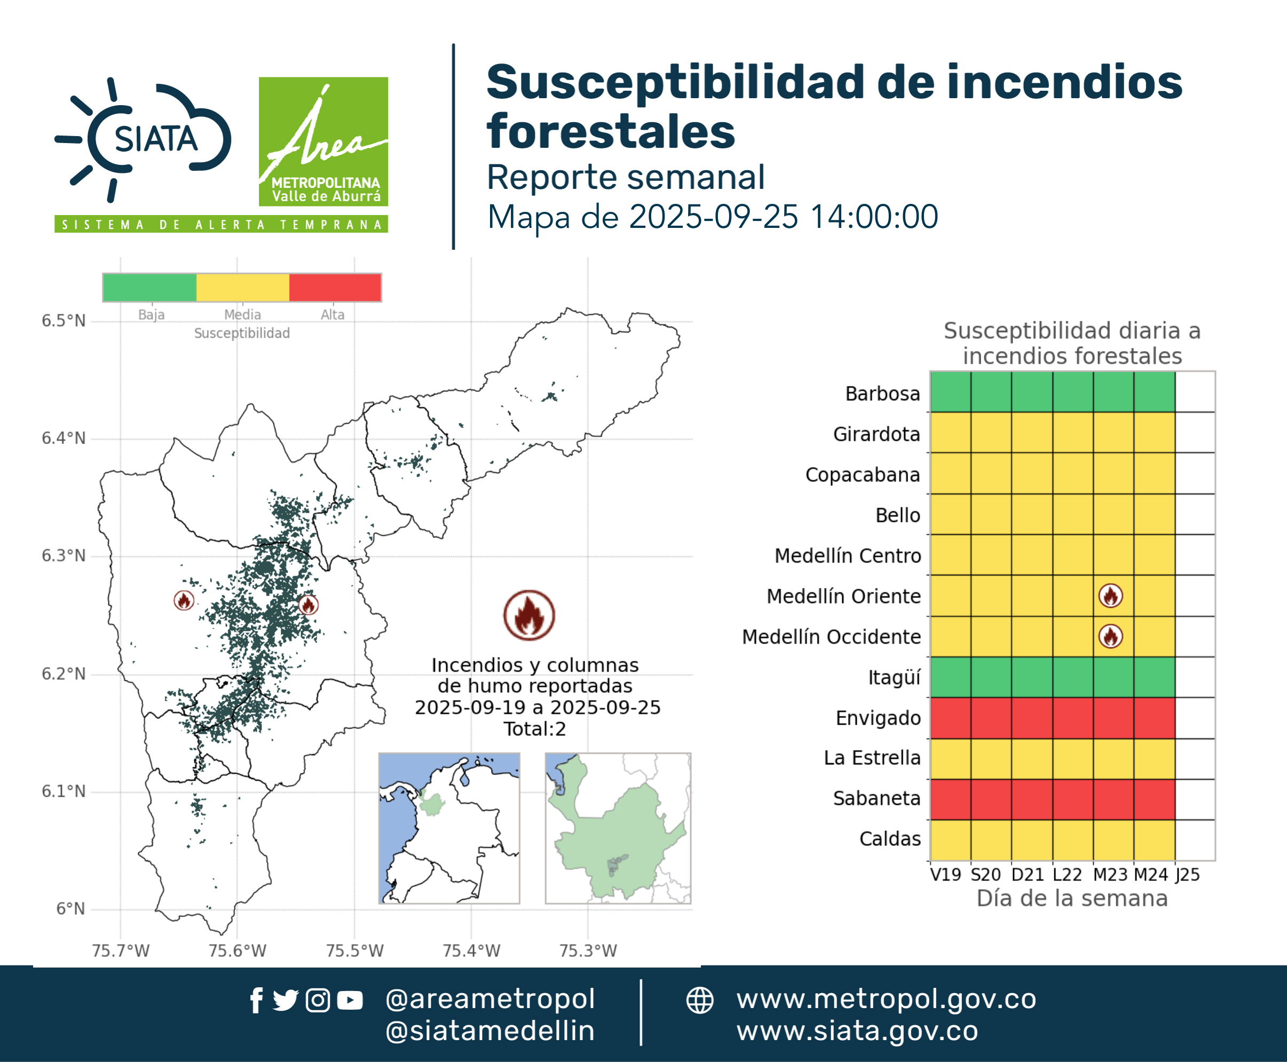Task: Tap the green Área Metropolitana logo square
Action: pyautogui.click(x=323, y=141)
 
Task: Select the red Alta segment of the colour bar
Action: pyautogui.click(x=335, y=288)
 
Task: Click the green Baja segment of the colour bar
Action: pyautogui.click(x=150, y=288)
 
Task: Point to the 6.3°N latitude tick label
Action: pyautogui.click(x=64, y=556)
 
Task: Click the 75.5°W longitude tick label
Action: pyautogui.click(x=354, y=950)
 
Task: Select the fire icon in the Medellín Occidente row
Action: pyautogui.click(x=1110, y=636)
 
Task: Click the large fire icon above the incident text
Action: pyautogui.click(x=529, y=615)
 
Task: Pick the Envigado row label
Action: pyautogui.click(x=878, y=718)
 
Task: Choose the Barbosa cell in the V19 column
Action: pyautogui.click(x=950, y=392)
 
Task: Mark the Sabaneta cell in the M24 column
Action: pyautogui.click(x=1154, y=799)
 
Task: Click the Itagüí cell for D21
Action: pyautogui.click(x=1032, y=677)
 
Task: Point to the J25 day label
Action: pyautogui.click(x=1188, y=875)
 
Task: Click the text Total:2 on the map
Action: pyautogui.click(x=535, y=728)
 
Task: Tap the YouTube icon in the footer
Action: pyautogui.click(x=350, y=1001)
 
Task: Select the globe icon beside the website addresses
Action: pyautogui.click(x=699, y=1001)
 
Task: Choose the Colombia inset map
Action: pyautogui.click(x=449, y=828)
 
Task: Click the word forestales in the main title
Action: pyautogui.click(x=611, y=131)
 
